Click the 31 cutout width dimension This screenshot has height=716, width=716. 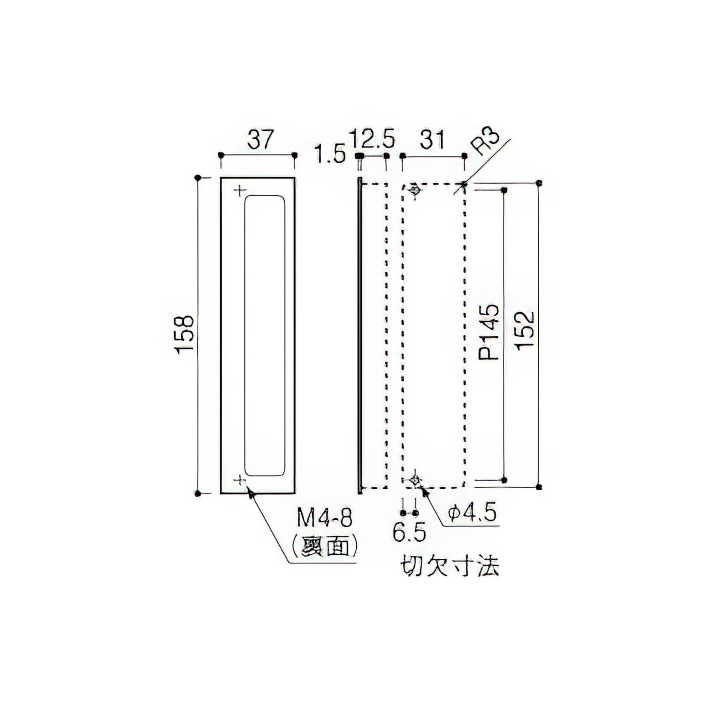pyautogui.click(x=433, y=140)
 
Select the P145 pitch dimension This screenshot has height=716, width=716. pyautogui.click(x=489, y=332)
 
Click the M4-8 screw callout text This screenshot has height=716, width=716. pyautogui.click(x=326, y=520)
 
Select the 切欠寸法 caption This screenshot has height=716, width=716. pyautogui.click(x=449, y=567)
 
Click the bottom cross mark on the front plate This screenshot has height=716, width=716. pyautogui.click(x=240, y=481)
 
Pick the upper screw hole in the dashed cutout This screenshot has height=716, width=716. pyautogui.click(x=414, y=190)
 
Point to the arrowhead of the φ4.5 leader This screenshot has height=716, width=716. pyautogui.click(x=425, y=492)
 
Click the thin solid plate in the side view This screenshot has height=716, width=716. pyautogui.click(x=360, y=335)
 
